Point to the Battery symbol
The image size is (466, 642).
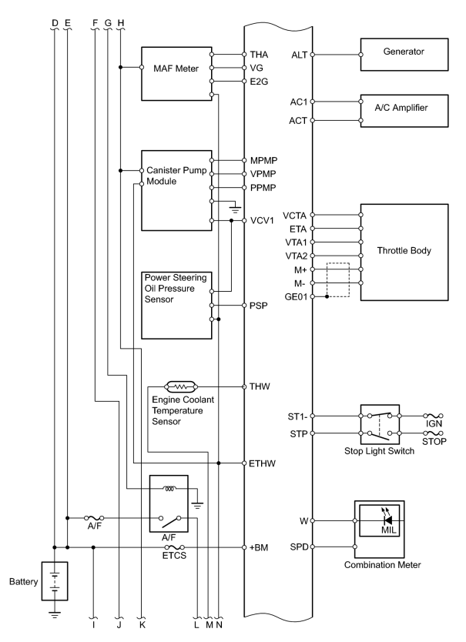[x=55, y=581]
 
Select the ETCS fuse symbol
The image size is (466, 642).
[x=174, y=547]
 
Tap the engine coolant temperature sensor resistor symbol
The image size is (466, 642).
[x=181, y=386]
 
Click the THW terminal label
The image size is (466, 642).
[x=260, y=386]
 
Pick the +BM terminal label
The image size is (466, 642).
[x=259, y=547]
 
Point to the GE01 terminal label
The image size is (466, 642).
[x=296, y=297]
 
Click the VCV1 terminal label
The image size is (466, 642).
[x=262, y=221]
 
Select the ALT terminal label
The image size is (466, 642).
[x=299, y=55]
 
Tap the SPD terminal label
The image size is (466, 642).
[x=299, y=547]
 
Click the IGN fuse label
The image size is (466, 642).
[x=434, y=424]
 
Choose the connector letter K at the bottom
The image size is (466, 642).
[x=142, y=625]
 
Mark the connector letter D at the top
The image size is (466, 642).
[x=55, y=23]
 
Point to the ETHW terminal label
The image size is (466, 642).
[x=263, y=463]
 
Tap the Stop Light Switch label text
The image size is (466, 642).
[x=379, y=451]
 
